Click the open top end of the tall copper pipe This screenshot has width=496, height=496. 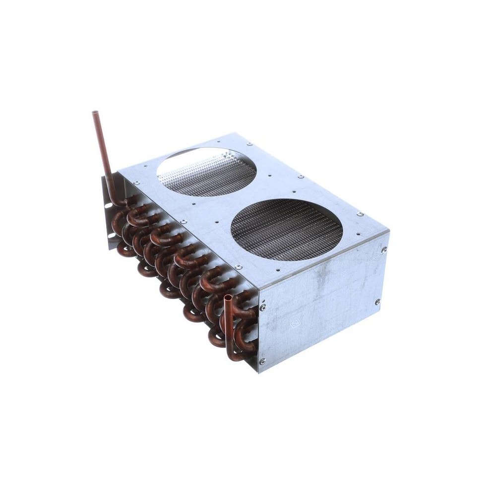click(95, 113)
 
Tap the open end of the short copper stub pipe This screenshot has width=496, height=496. click(228, 298)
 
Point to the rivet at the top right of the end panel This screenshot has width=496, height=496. click(383, 250)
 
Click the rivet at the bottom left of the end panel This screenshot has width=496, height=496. click(262, 361)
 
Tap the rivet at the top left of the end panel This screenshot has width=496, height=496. click(262, 308)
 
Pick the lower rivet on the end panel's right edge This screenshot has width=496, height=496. click(377, 302)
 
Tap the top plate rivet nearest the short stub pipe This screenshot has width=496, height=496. click(239, 267)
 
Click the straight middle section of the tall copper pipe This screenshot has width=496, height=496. click(103, 154)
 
